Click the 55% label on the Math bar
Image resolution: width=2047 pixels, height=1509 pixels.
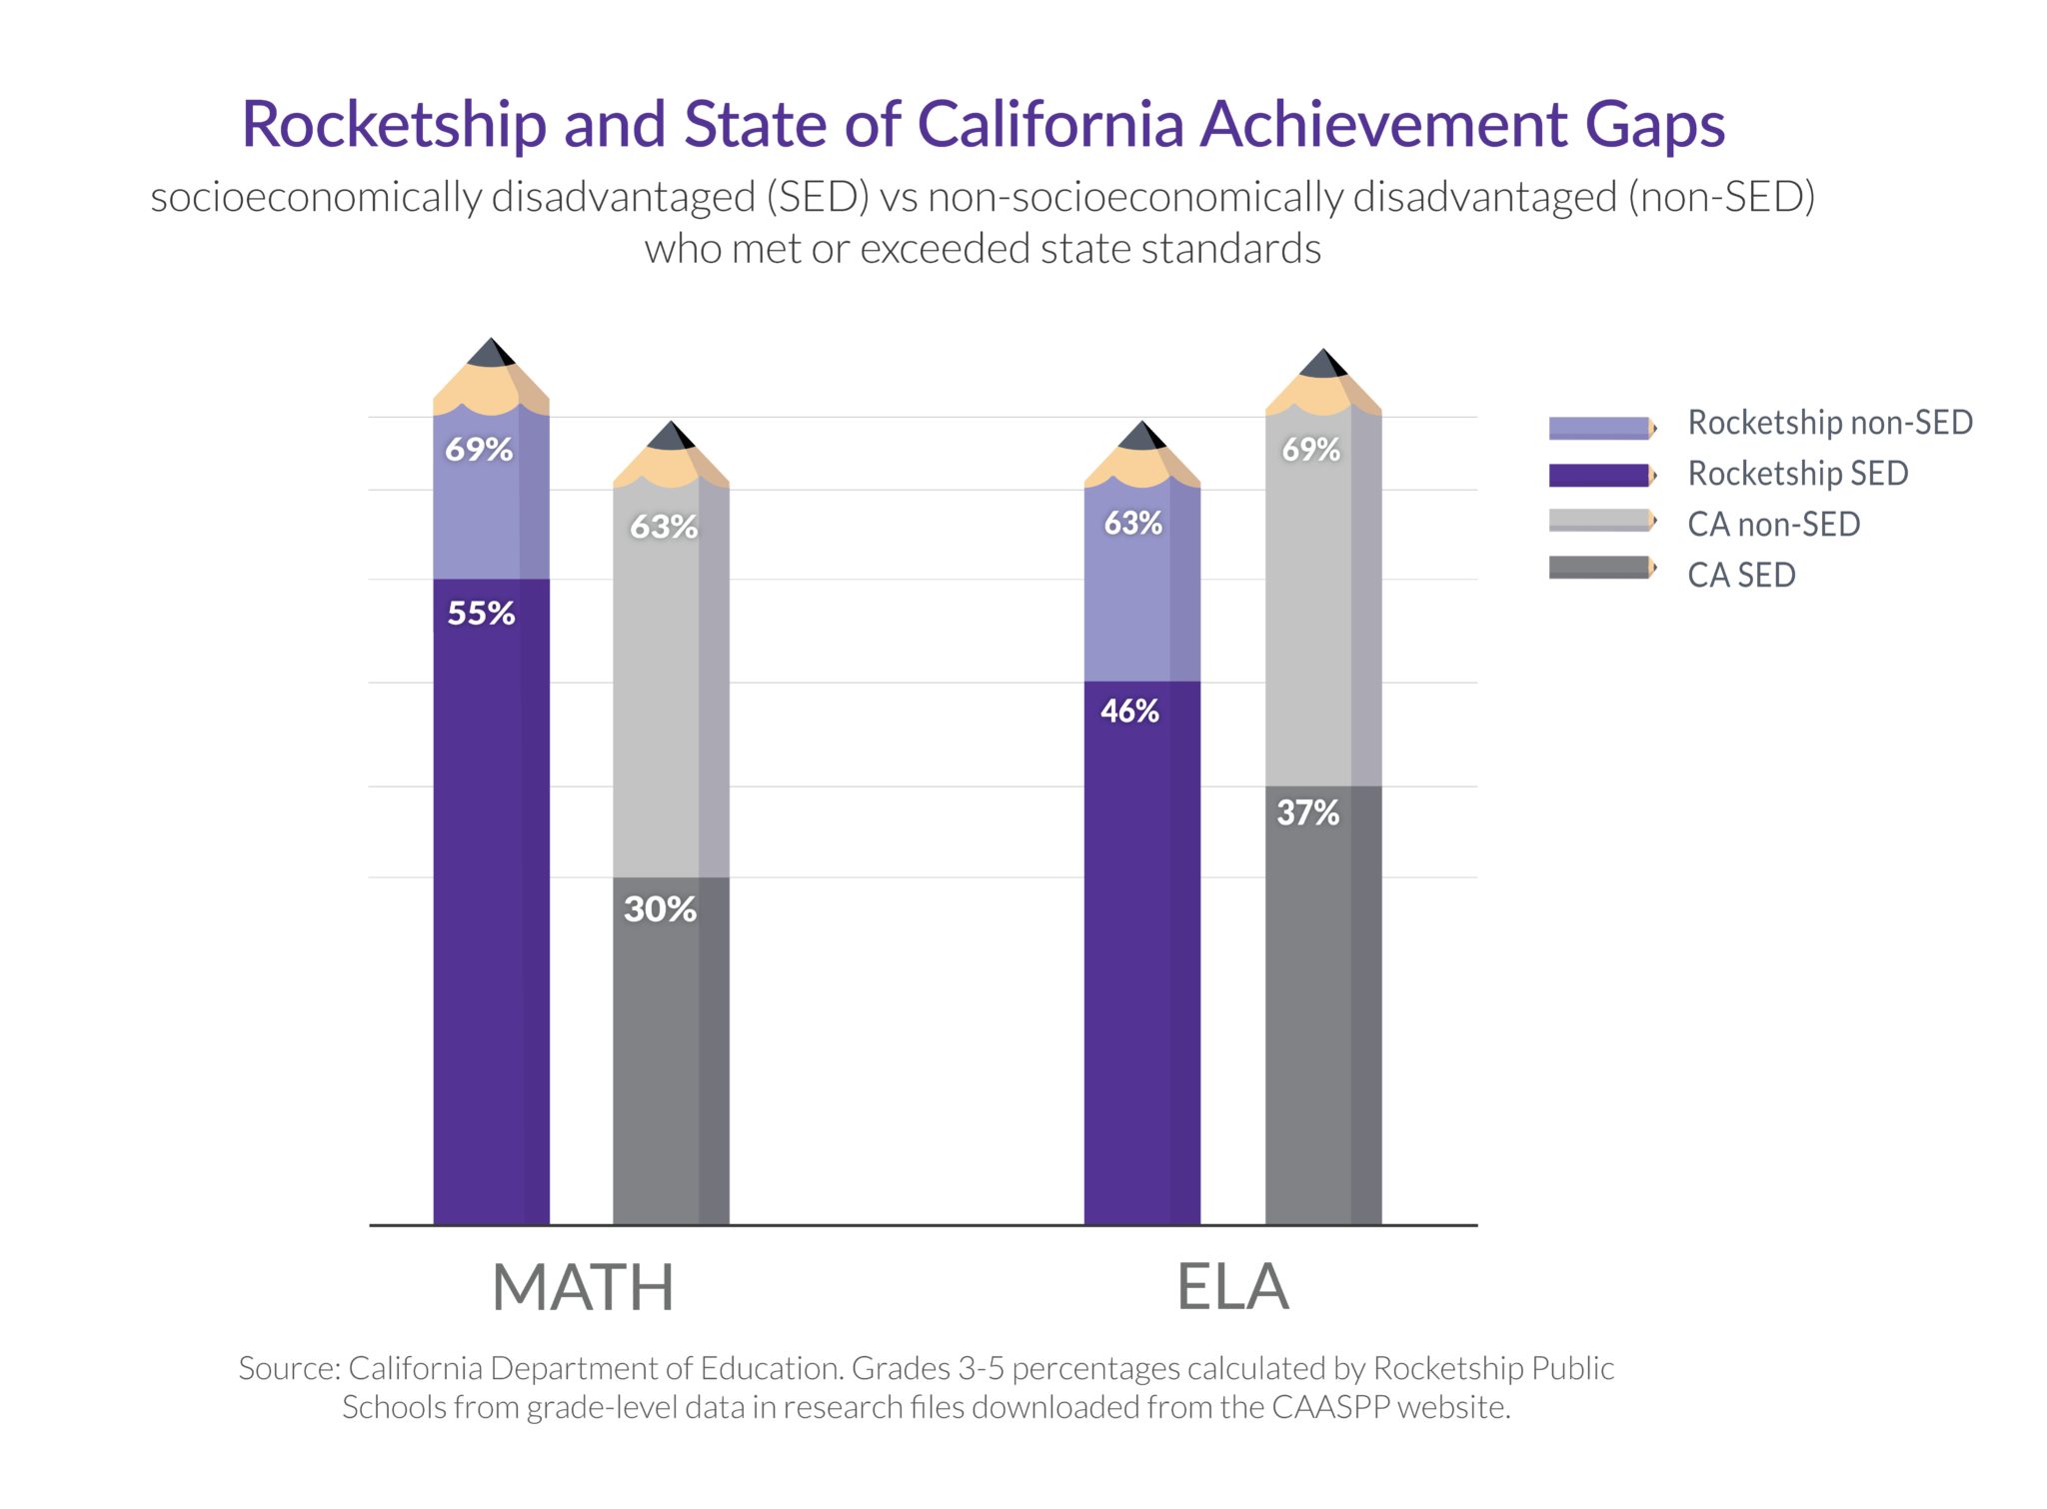click(481, 613)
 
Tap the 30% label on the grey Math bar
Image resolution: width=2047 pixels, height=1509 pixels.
click(660, 908)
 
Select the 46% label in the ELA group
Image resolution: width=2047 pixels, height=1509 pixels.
click(1129, 711)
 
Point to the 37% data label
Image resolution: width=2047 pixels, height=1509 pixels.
click(1307, 812)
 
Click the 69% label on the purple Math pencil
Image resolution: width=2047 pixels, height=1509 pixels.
click(479, 450)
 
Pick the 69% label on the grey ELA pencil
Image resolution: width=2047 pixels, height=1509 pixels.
click(1310, 450)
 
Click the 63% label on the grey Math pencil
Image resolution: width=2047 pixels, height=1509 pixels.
click(664, 527)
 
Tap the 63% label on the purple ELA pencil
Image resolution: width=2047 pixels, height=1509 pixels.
click(1132, 523)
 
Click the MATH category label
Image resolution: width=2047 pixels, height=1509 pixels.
click(583, 1287)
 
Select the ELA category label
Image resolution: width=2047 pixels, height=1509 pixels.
click(1232, 1287)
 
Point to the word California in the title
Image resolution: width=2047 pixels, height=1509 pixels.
click(1048, 125)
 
